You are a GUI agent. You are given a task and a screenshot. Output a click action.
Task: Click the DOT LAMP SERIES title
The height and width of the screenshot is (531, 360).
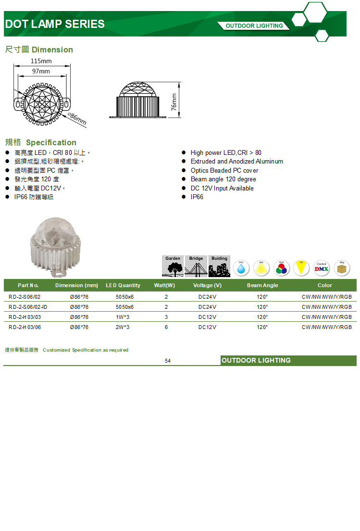click(x=54, y=24)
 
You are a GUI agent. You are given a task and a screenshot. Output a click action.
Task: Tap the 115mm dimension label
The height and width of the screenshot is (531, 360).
click(x=41, y=61)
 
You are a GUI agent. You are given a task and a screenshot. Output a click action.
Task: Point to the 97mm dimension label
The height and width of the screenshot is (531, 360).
click(x=41, y=71)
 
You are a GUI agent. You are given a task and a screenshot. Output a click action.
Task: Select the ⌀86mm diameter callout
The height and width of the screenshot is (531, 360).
click(x=77, y=119)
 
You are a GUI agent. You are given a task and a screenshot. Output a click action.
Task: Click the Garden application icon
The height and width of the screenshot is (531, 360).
click(x=173, y=266)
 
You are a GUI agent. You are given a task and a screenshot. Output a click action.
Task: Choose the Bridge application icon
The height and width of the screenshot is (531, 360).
click(x=196, y=266)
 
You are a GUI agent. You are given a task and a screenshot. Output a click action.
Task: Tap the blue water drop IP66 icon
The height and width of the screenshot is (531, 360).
click(x=241, y=268)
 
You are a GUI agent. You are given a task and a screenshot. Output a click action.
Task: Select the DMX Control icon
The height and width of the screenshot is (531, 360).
click(x=322, y=268)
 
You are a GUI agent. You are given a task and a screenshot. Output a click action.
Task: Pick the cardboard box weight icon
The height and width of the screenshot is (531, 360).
click(x=342, y=268)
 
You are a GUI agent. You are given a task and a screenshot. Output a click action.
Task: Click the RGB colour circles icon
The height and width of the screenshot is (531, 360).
click(x=281, y=268)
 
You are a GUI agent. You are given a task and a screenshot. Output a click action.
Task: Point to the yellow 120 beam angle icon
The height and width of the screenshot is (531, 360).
click(x=301, y=268)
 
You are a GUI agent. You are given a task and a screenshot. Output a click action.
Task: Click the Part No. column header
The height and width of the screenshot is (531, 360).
click(x=28, y=285)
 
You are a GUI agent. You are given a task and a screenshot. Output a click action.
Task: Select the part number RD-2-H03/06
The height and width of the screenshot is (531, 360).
click(x=25, y=327)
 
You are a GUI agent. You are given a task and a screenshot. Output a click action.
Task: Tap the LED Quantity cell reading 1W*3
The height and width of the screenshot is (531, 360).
click(x=123, y=317)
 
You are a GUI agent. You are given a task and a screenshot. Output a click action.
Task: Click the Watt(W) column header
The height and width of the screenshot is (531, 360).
click(x=164, y=285)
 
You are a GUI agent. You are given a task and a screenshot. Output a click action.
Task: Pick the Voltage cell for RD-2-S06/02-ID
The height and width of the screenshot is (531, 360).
click(x=207, y=307)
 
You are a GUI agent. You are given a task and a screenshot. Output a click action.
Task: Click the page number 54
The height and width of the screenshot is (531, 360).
click(x=168, y=361)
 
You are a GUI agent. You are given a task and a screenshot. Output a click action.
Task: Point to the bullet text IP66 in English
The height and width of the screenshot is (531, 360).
click(x=197, y=197)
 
